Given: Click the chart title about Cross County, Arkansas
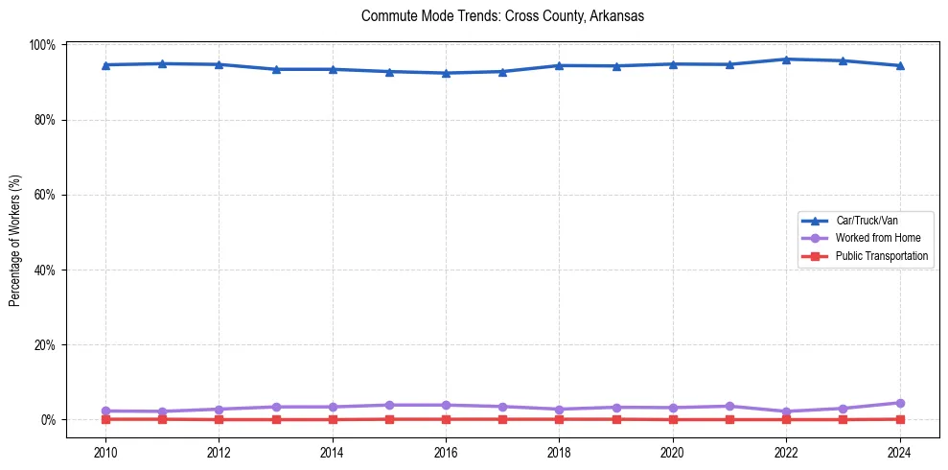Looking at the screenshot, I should tap(502, 16).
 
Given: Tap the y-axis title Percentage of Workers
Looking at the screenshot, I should tap(15, 241).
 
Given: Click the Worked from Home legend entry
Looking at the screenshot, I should tap(872, 238).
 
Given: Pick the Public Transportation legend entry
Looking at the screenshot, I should tap(881, 256).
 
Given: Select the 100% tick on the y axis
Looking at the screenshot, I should tap(43, 45).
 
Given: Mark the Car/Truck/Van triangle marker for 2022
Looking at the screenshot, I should tap(787, 59).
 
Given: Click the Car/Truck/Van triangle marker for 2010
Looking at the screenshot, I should tap(105, 65).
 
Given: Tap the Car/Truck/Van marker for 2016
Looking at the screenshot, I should tap(446, 73).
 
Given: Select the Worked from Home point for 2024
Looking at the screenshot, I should tap(900, 403).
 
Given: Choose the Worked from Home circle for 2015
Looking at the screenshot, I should tap(389, 405).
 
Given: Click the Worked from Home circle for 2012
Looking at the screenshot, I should tap(219, 410).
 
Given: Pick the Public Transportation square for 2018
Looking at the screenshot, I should tap(560, 419).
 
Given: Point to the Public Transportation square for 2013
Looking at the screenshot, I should tap(276, 419).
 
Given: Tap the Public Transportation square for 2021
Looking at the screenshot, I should tap(729, 419).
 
